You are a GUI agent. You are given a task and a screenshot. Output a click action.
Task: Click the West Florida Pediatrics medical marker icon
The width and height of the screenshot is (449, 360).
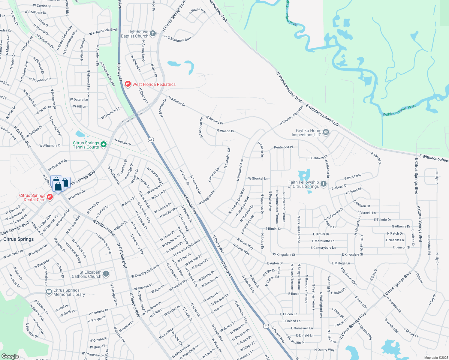(x=128, y=84)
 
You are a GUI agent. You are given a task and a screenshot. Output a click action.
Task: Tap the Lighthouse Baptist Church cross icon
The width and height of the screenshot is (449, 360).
(x=153, y=34)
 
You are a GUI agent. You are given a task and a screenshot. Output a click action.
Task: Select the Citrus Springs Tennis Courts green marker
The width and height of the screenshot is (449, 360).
(x=104, y=145)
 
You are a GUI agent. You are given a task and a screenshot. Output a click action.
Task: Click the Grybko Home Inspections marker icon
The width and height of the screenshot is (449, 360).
(x=326, y=132)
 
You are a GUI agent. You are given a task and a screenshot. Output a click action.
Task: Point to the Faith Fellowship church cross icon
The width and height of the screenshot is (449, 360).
(x=323, y=184)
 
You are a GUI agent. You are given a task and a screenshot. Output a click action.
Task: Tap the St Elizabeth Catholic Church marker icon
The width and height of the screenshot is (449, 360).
(x=106, y=274)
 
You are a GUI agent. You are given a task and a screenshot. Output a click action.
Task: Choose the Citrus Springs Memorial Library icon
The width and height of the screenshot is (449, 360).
(x=49, y=292)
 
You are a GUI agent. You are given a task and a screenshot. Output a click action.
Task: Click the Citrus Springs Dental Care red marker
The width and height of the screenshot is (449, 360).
(x=50, y=197)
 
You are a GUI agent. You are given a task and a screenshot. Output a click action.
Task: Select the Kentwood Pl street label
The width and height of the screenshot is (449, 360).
(x=283, y=147)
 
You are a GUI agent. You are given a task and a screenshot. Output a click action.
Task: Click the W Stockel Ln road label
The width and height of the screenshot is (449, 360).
(x=258, y=178)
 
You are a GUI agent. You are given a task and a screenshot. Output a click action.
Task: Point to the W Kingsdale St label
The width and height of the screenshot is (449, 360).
(x=284, y=255)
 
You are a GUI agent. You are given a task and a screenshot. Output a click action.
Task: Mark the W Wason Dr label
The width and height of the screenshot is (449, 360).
(x=225, y=131)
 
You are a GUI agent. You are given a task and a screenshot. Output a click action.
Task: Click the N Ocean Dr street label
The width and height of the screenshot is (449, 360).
(x=123, y=142)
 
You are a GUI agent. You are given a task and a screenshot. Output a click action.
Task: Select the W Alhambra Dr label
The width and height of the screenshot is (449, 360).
(x=50, y=145)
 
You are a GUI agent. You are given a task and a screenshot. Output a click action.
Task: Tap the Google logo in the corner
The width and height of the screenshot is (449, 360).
(x=10, y=356)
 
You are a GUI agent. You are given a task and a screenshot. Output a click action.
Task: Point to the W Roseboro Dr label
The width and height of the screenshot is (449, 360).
(x=40, y=79)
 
